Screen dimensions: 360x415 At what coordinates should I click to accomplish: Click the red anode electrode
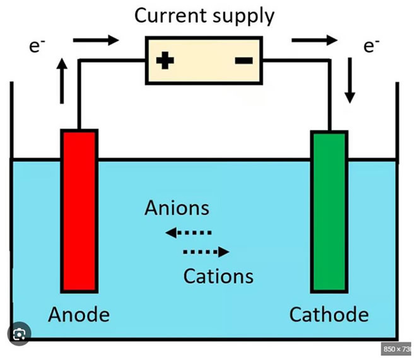79,211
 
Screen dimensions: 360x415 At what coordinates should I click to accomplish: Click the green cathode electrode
329,211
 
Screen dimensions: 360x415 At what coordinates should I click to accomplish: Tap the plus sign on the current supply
165,61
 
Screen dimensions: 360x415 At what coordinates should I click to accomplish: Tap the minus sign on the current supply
243,61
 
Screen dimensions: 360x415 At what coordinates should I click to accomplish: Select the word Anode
79,314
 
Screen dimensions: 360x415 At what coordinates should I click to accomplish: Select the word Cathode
329,314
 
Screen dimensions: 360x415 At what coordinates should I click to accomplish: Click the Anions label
177,208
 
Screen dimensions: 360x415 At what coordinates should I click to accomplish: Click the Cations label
218,276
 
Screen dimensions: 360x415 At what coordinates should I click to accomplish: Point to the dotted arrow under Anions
188,233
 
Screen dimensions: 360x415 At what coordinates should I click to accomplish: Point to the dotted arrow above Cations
206,252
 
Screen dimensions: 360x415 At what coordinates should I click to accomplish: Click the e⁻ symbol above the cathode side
371,46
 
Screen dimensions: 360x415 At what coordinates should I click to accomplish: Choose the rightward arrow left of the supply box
95,41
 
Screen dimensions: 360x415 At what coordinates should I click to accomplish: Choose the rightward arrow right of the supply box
313,41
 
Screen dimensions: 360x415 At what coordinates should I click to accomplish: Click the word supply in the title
243,16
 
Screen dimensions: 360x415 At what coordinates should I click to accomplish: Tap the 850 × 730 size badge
398,348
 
